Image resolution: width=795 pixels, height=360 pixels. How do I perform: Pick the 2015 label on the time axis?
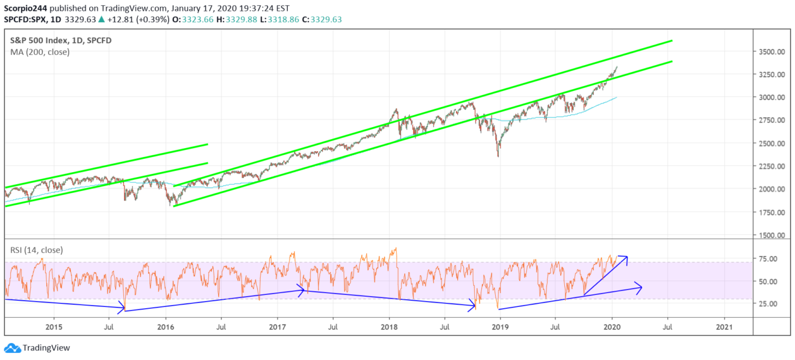click(54, 327)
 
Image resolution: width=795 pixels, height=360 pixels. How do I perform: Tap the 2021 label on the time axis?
click(725, 327)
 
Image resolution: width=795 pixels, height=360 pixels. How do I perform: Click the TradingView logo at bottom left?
click(37, 348)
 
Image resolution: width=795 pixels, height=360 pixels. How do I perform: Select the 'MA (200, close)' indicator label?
click(40, 52)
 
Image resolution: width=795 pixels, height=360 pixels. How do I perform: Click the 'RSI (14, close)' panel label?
click(37, 249)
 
